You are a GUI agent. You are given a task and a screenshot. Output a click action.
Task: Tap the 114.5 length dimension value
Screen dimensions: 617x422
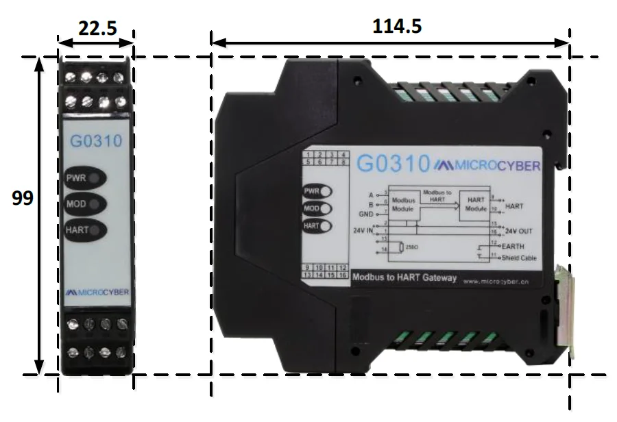tap(397, 26)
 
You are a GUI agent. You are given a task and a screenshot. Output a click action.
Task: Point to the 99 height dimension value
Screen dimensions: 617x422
tap(23, 198)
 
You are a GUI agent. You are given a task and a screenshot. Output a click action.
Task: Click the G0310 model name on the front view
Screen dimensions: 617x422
tap(96, 142)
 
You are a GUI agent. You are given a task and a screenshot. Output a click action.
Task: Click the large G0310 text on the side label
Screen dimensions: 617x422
tap(391, 165)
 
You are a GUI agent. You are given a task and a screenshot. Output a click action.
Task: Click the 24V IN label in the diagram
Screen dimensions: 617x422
tap(363, 229)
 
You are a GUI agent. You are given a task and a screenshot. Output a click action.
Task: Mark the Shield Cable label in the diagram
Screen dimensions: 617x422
tap(520, 258)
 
